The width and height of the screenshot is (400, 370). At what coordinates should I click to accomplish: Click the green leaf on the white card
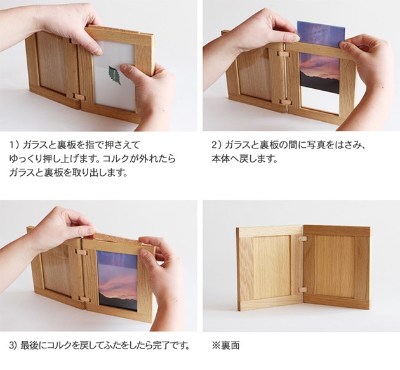click(x=115, y=76)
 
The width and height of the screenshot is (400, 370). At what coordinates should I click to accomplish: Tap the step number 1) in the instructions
click(x=14, y=145)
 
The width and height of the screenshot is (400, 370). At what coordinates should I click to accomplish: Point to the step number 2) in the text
click(x=217, y=145)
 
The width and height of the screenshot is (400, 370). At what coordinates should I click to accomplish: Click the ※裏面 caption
click(x=225, y=345)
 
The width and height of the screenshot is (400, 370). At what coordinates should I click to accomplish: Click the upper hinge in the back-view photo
click(x=303, y=239)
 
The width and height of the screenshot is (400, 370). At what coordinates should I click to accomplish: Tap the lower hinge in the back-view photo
click(x=303, y=290)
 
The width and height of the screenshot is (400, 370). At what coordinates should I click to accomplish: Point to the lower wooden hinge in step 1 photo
click(x=79, y=96)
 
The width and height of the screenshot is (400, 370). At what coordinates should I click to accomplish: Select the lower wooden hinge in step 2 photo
click(x=286, y=102)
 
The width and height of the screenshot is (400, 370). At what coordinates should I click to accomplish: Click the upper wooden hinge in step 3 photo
click(x=82, y=253)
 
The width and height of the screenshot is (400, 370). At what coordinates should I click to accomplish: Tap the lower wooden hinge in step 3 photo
click(x=84, y=299)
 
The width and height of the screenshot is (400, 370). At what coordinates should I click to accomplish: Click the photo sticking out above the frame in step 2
click(x=321, y=34)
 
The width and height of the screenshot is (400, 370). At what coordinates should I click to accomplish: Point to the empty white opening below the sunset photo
click(x=320, y=100)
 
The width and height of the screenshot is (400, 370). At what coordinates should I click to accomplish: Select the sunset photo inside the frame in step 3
click(x=117, y=281)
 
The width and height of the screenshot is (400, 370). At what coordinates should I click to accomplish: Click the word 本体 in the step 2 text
click(x=220, y=159)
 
